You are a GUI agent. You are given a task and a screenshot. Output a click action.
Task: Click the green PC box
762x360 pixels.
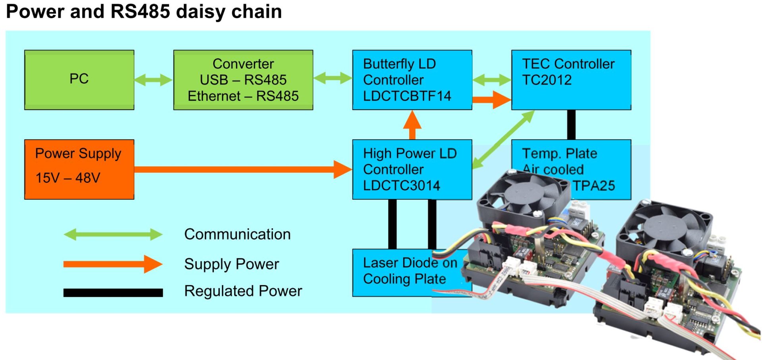tap(79, 79)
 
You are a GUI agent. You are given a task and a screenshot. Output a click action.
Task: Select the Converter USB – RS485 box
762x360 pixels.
tap(243, 80)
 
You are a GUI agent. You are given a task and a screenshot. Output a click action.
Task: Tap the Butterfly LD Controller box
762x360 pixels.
tap(412, 80)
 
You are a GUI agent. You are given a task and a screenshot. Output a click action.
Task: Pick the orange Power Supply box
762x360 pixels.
tap(79, 169)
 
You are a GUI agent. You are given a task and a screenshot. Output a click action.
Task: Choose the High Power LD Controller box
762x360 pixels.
tap(412, 169)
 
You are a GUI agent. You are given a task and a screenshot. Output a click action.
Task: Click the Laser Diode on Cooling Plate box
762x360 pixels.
tap(405, 272)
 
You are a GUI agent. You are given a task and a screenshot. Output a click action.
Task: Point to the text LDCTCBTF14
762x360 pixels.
tap(407, 96)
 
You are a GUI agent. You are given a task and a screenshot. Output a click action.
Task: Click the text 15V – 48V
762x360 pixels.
tap(68, 178)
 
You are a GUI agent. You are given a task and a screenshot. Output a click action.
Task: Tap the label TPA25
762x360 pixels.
tap(594, 186)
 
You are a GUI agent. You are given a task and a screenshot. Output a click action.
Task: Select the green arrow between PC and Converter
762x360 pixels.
tap(153, 80)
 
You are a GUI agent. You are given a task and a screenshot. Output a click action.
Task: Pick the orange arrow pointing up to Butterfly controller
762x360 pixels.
tap(412, 125)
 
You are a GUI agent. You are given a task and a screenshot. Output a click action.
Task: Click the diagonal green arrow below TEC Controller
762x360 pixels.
tap(503, 140)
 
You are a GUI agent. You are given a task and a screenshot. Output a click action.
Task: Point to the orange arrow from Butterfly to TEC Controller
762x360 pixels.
tap(491, 99)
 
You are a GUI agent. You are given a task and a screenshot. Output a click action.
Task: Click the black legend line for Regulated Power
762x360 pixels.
tap(113, 293)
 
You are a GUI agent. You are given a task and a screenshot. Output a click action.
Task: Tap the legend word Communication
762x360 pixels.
tap(237, 234)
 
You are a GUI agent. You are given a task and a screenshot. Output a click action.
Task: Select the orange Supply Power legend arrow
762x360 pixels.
tap(113, 264)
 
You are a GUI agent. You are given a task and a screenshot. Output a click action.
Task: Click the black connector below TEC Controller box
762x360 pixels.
tap(571, 125)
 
